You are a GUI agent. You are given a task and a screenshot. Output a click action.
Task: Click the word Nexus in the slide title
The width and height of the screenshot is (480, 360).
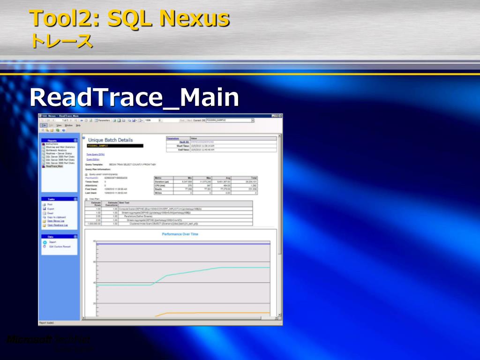point(194,19)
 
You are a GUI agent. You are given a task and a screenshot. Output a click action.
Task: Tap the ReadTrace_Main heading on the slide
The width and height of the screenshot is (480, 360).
point(134,97)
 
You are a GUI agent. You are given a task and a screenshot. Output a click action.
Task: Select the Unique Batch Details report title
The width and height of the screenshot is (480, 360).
point(110,140)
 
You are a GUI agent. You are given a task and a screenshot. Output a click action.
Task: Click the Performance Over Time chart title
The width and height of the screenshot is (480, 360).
point(180,234)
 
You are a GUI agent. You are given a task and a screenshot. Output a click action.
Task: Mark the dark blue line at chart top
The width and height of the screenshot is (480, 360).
point(183,244)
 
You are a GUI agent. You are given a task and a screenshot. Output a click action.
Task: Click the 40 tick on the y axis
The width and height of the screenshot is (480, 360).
point(94,283)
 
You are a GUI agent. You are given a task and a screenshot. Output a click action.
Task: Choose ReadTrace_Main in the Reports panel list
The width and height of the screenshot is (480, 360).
point(54,166)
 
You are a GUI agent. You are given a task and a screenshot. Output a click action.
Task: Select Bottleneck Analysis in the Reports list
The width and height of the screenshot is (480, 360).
point(56,150)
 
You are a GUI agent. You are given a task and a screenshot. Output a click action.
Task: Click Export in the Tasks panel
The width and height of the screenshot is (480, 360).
point(51,209)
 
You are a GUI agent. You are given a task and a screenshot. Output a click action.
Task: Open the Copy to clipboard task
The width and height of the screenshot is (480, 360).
point(56,217)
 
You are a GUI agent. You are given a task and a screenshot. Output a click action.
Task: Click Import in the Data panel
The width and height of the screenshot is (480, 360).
point(52,242)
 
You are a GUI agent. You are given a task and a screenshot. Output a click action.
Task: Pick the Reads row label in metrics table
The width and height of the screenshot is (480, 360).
point(158,189)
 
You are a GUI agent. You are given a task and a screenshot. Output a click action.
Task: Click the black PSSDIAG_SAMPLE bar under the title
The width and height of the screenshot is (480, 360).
point(115,146)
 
